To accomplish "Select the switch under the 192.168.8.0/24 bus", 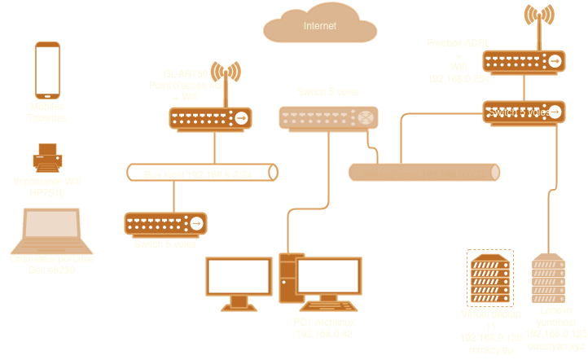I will (165, 222).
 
